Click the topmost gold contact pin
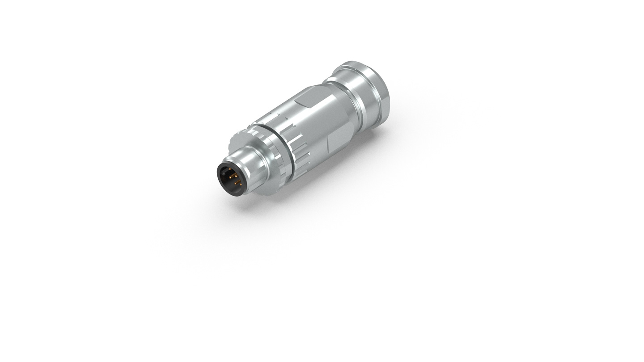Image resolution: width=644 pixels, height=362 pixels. (230, 169)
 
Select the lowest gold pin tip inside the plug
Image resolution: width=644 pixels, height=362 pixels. (241, 185)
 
